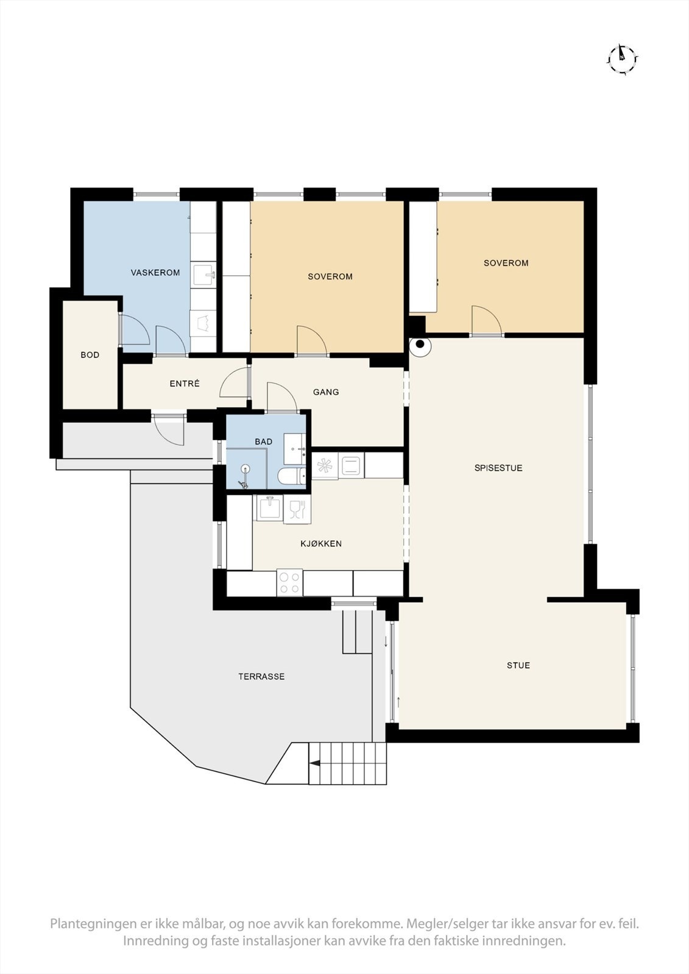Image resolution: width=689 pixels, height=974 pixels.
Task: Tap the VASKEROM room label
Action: coord(155,273)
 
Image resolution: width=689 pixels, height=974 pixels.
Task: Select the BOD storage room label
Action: coord(90,355)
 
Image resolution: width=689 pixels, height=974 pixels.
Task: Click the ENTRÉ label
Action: coord(185,384)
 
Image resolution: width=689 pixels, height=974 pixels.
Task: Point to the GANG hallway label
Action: coord(326,392)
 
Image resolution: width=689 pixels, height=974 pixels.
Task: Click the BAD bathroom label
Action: coord(264,441)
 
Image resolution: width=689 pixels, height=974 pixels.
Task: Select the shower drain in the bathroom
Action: coord(246,469)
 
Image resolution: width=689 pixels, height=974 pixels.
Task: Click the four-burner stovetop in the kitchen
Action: coord(290,583)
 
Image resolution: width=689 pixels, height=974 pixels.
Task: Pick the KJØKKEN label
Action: coord(321,544)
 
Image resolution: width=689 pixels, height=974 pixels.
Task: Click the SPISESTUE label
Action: coord(498,468)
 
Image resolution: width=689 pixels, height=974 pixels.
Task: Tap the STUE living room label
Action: coord(518,665)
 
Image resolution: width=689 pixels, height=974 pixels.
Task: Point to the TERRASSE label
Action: coord(261,676)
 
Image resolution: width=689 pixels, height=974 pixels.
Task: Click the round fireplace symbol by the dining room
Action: coord(420,345)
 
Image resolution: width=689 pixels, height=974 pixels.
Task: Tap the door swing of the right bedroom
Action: coord(486,320)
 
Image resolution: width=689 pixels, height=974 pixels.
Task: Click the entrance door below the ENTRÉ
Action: coord(169,430)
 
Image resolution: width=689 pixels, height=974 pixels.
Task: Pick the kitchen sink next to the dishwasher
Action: coord(268,508)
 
